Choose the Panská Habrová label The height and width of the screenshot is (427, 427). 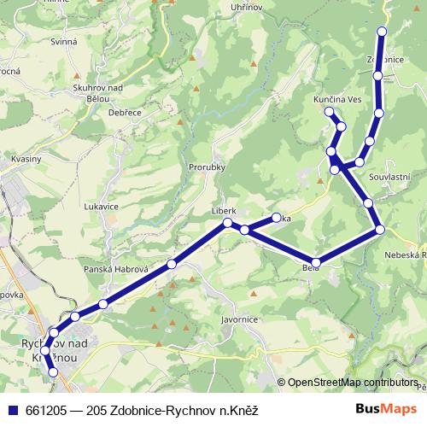[116, 269]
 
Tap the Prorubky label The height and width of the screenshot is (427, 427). [207, 167]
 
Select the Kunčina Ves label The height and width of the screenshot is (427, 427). [337, 101]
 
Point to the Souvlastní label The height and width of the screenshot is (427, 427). [389, 176]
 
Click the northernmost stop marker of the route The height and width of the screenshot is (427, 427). [382, 32]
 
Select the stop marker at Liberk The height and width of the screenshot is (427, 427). [227, 223]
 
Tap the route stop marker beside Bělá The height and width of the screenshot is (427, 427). [316, 262]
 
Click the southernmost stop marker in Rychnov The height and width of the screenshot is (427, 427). [53, 372]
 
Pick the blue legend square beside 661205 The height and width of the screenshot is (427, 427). [10, 411]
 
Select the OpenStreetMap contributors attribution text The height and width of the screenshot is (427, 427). [353, 382]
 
